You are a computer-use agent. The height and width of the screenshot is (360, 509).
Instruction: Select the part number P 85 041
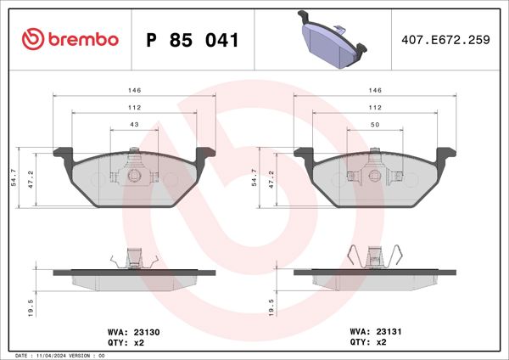coord(193,40)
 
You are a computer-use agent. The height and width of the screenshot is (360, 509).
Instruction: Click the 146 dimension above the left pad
coord(135,89)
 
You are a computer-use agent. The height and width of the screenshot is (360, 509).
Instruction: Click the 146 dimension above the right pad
coord(375,89)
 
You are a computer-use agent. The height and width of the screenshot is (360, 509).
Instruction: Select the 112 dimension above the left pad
coord(135,108)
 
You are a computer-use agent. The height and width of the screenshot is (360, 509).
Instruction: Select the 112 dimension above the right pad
coord(375,108)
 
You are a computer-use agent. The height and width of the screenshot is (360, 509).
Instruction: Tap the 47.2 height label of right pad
coord(272,179)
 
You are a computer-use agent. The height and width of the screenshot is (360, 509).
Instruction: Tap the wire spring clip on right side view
coord(374,256)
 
